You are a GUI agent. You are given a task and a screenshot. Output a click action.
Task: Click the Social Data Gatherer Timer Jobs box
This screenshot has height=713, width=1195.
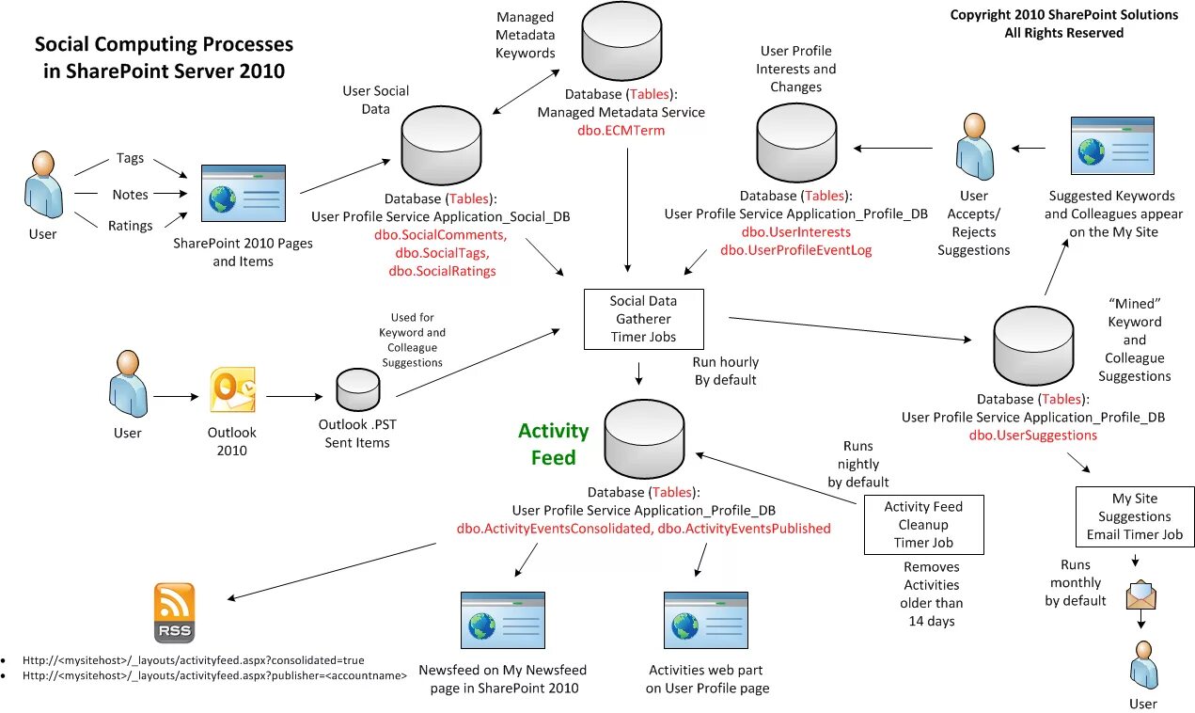click(x=643, y=319)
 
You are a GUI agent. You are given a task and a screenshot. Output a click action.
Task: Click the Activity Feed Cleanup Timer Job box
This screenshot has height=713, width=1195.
click(x=923, y=524)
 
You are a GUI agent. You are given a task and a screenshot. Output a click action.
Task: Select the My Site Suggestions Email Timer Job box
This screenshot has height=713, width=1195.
click(x=1134, y=516)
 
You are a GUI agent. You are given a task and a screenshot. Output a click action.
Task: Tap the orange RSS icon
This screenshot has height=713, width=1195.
click(x=174, y=612)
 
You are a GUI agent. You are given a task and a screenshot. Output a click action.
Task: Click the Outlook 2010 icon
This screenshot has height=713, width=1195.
click(x=231, y=388)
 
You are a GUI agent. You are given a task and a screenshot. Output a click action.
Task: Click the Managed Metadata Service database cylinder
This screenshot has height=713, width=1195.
click(x=621, y=43)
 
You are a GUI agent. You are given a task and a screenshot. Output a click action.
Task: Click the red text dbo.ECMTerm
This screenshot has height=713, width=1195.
click(x=621, y=131)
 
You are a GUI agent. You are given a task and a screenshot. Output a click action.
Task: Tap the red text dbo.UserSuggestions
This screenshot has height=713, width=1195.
click(x=1032, y=436)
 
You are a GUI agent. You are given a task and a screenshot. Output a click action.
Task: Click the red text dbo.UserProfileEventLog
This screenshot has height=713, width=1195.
click(x=795, y=250)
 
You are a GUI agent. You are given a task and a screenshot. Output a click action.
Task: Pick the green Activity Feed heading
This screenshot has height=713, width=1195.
click(x=553, y=443)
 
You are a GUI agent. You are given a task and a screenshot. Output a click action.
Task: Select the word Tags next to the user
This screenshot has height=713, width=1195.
click(x=130, y=158)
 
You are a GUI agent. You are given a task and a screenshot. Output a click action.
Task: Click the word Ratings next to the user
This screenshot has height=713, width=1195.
click(x=130, y=226)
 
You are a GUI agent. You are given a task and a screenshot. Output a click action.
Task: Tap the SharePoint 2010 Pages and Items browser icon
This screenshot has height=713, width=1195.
click(x=243, y=195)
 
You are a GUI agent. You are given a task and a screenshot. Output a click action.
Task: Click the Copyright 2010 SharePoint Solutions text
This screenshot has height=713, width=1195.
click(x=1063, y=15)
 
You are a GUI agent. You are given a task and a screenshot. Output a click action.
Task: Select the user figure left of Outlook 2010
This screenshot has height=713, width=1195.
click(x=127, y=385)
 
